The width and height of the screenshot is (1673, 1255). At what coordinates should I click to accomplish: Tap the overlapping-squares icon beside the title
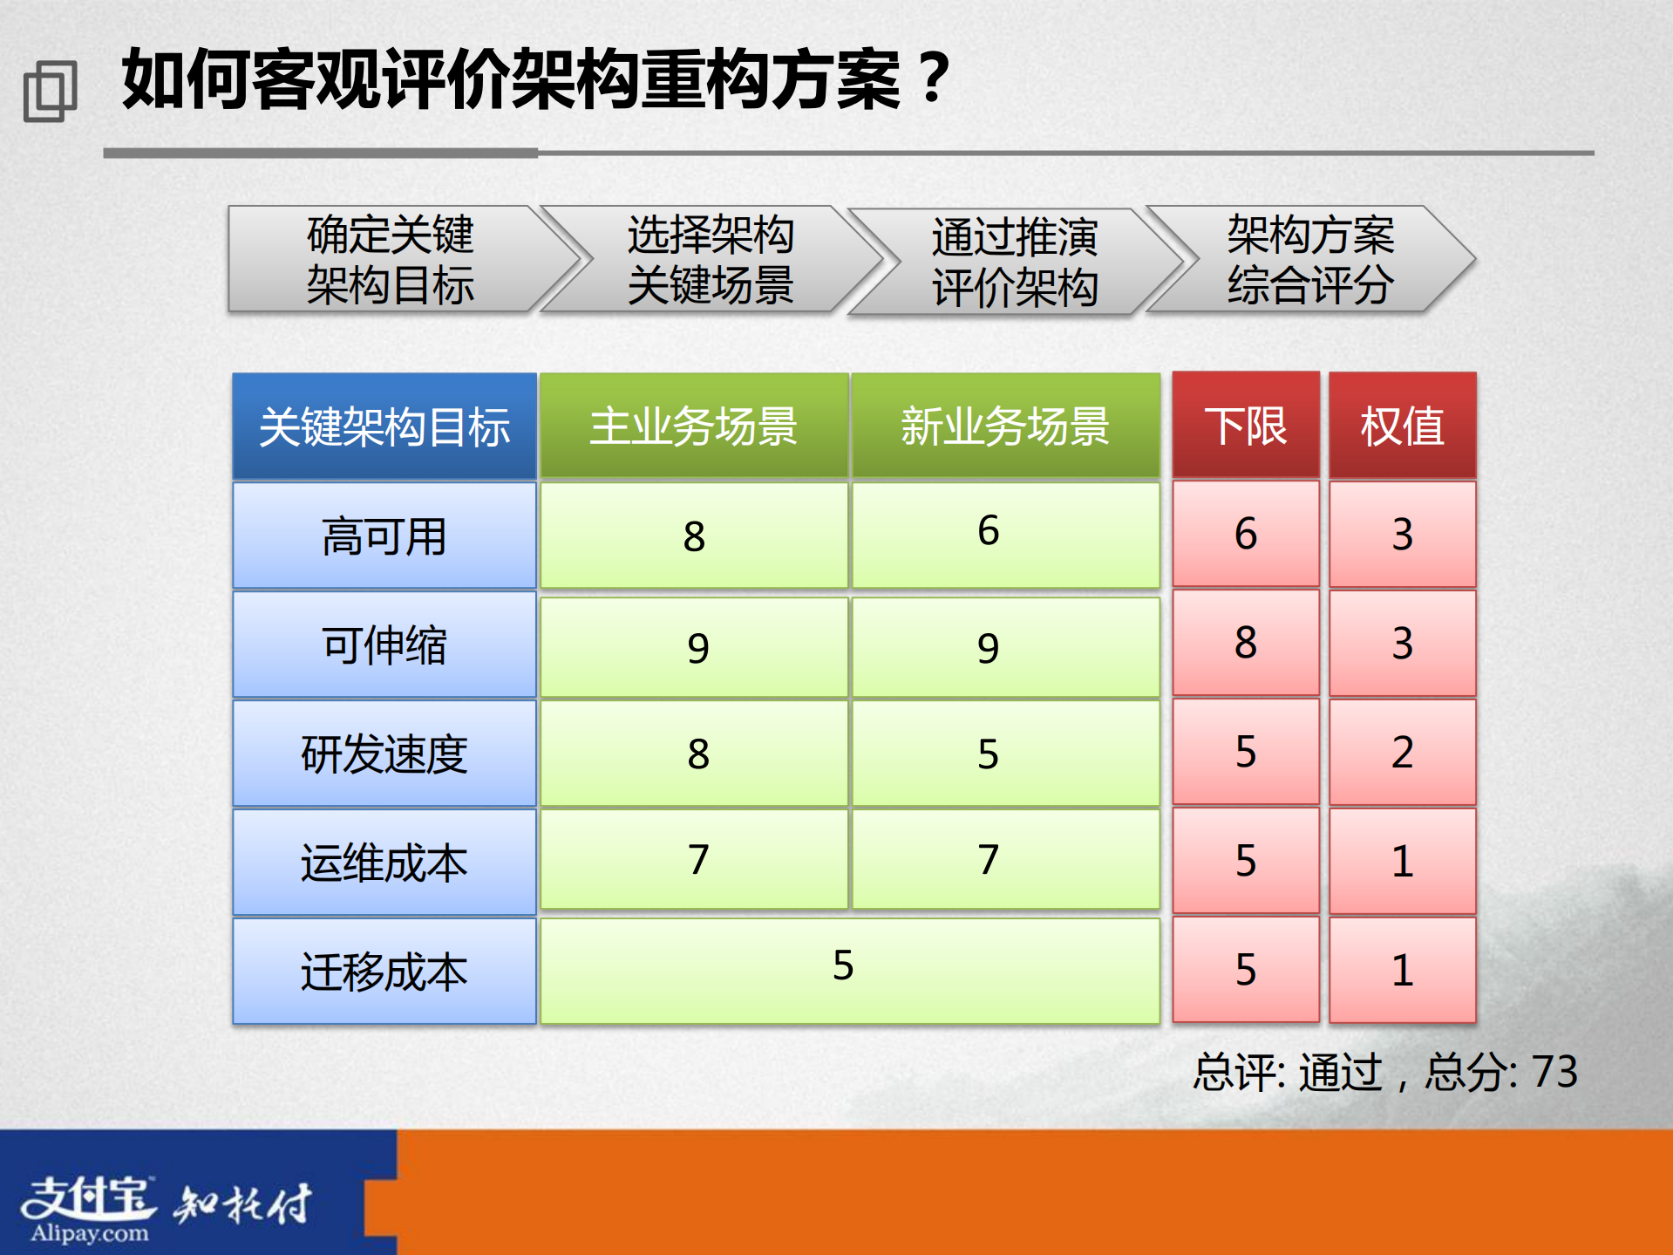tap(50, 91)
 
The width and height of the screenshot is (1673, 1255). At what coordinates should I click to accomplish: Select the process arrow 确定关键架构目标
tap(390, 259)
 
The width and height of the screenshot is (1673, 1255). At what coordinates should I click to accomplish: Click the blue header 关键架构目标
tap(384, 426)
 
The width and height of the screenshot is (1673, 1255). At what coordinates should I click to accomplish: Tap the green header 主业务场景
tap(694, 426)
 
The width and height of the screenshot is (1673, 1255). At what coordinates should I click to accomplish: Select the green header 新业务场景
tap(1005, 426)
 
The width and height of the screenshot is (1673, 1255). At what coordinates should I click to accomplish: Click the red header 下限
tap(1245, 426)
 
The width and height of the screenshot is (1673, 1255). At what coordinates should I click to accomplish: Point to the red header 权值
tap(1402, 426)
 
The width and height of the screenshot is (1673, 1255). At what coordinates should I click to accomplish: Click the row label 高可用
tap(384, 535)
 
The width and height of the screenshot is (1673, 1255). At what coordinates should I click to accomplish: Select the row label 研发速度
tap(384, 754)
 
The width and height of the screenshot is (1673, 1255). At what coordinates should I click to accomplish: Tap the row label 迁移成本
tap(384, 971)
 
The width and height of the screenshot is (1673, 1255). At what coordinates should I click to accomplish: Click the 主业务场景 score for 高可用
tap(694, 535)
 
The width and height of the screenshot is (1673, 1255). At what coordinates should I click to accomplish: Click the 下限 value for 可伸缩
tap(1245, 644)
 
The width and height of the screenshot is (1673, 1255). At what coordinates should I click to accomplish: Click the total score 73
tap(1554, 1071)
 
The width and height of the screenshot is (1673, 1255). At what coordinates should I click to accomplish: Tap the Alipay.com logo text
tap(89, 1233)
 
